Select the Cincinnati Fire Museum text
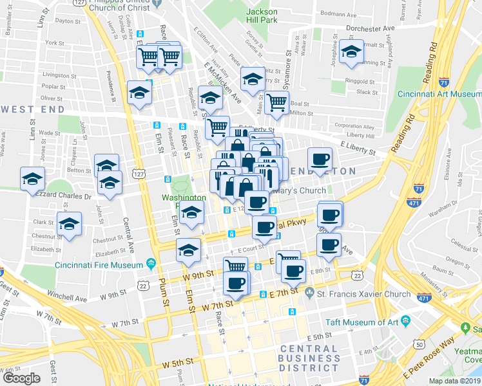point(99,265)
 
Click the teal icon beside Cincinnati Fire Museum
point(151,264)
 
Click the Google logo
point(21,378)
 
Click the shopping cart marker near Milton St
point(277,102)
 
